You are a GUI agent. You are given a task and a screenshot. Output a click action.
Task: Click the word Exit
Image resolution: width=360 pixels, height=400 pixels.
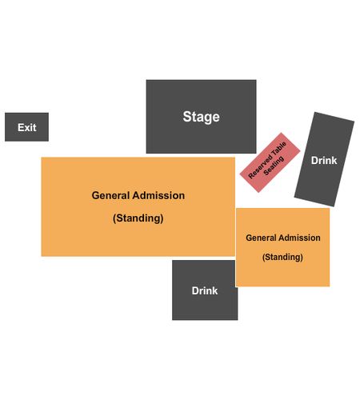tap(27, 127)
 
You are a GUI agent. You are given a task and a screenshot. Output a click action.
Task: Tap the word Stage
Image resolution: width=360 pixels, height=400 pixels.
tap(202, 117)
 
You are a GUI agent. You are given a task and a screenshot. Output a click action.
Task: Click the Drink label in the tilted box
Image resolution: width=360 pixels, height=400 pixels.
tap(324, 160)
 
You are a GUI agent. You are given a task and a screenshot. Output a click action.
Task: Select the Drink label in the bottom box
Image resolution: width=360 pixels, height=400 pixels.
tap(205, 290)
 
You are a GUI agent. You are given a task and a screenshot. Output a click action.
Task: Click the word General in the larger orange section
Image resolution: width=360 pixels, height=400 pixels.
tap(110, 195)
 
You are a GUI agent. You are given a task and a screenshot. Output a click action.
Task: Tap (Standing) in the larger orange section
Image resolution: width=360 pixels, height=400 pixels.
tap(138, 218)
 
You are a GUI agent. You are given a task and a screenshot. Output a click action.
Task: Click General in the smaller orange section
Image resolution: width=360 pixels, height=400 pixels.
tap(261, 238)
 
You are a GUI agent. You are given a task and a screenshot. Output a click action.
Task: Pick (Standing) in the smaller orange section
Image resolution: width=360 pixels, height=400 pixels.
tap(282, 257)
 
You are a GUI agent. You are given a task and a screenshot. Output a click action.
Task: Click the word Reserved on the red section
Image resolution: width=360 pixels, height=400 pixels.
tap(260, 166)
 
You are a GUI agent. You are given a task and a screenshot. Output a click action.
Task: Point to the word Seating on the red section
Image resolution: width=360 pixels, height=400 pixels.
tap(274, 166)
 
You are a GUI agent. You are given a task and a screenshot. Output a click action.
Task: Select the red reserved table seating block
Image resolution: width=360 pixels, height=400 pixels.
tap(270, 162)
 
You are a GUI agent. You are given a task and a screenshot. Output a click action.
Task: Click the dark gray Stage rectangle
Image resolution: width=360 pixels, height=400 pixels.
tap(202, 117)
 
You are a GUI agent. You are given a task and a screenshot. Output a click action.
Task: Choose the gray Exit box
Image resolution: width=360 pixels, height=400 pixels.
tap(26, 127)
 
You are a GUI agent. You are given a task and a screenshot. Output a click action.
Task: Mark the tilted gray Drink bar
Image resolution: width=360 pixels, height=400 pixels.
tap(324, 159)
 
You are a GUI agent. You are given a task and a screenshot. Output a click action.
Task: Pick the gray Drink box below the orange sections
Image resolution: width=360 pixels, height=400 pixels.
tap(205, 290)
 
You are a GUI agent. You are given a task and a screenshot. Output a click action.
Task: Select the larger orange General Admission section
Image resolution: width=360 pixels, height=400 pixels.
tap(138, 207)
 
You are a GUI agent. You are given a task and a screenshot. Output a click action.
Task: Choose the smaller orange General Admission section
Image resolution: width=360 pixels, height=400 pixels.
tap(283, 247)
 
